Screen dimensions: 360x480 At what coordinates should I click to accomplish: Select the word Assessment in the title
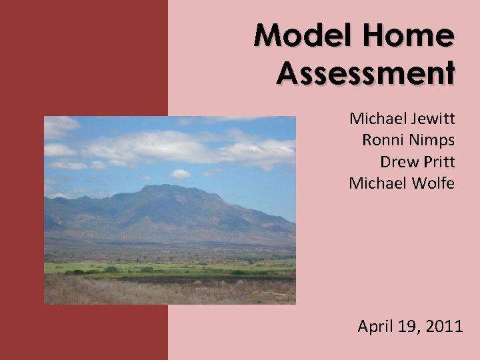[x=366, y=71]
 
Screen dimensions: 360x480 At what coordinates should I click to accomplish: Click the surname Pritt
[x=437, y=161]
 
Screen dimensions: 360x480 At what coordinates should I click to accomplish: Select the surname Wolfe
[x=433, y=183]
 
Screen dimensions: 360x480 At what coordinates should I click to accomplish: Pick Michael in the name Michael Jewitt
[x=376, y=119]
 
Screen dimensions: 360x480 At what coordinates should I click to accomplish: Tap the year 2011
[x=443, y=327]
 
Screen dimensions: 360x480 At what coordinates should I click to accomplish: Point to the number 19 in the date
[x=407, y=327]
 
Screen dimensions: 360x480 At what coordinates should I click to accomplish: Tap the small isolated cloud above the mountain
[x=181, y=174]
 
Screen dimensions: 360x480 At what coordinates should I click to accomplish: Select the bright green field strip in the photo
[x=167, y=267]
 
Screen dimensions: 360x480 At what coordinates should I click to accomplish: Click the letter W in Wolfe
[x=412, y=183]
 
